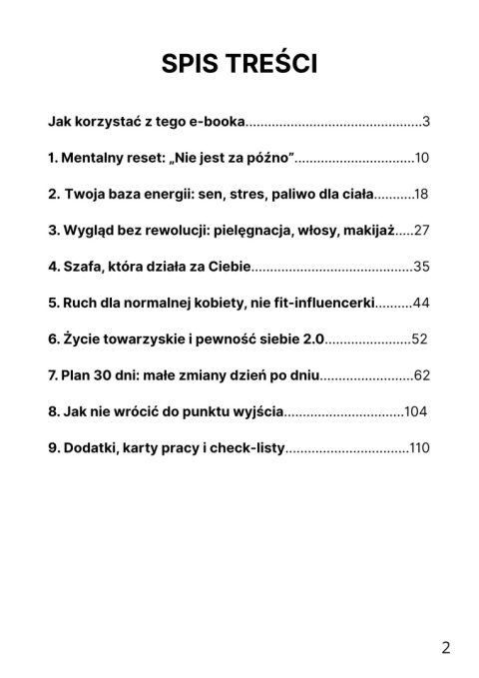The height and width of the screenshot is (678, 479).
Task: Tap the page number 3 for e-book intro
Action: click(x=425, y=122)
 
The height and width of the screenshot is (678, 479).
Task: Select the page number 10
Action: click(x=421, y=158)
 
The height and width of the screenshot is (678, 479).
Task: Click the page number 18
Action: click(x=421, y=194)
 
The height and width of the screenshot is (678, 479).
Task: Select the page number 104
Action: click(x=416, y=411)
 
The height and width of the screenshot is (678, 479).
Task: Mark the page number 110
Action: click(x=419, y=447)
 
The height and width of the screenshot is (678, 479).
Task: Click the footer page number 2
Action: click(x=445, y=647)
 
